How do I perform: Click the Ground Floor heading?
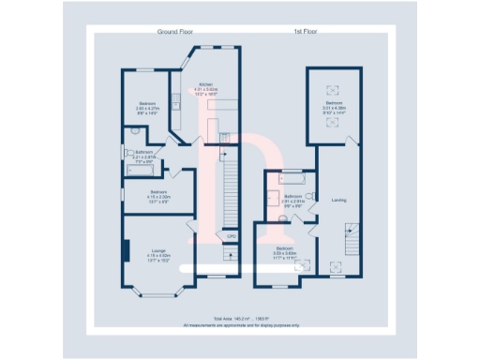click(x=173, y=33)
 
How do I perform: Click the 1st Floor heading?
click(x=306, y=33)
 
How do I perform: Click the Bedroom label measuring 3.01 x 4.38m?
click(x=335, y=106)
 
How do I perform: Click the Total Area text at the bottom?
click(x=238, y=320)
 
